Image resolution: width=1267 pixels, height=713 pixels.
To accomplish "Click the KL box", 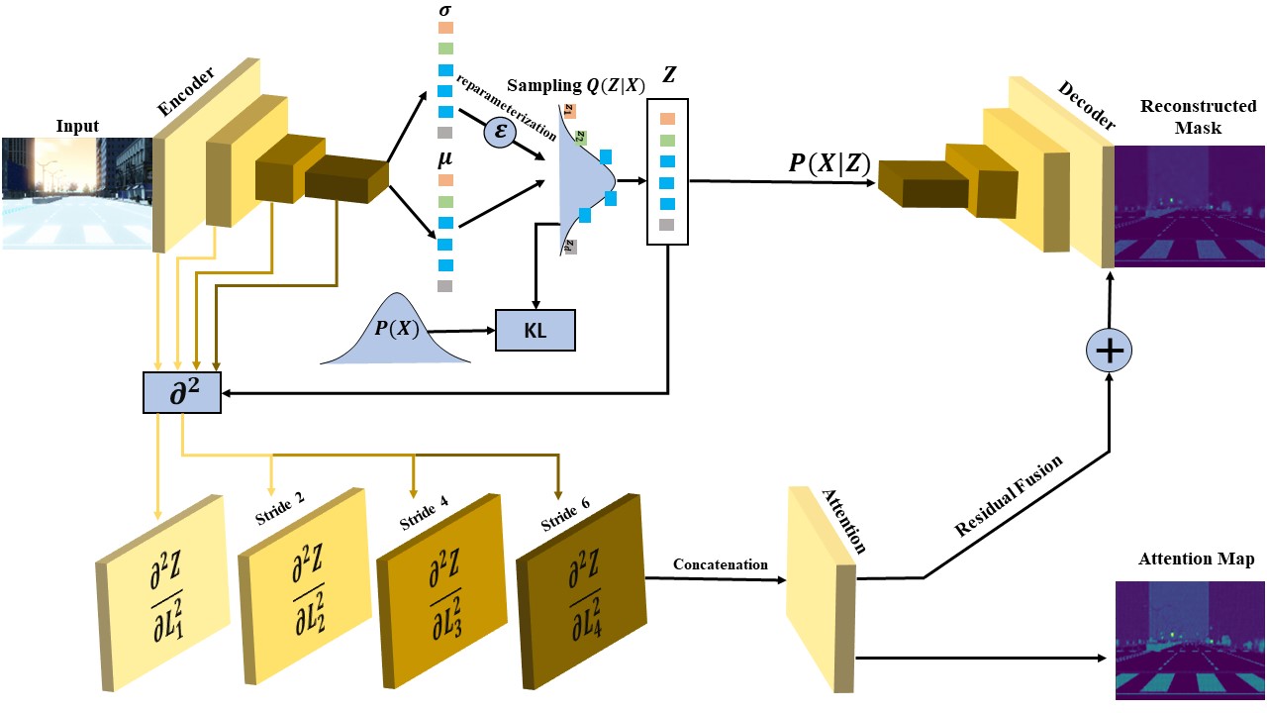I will [x=536, y=330].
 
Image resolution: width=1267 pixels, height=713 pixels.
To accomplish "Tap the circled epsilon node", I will [x=500, y=131].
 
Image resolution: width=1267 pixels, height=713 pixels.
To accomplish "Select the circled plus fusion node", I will [x=1109, y=350].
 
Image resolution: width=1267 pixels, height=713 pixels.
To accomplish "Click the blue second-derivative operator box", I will [x=183, y=394].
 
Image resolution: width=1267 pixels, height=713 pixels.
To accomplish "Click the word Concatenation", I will [x=720, y=564].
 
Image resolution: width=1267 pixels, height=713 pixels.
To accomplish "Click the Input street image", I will [x=76, y=191].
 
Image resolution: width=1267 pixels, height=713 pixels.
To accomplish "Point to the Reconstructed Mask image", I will [x=1189, y=206].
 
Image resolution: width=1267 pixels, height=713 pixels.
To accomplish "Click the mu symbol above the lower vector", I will [x=444, y=157].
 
